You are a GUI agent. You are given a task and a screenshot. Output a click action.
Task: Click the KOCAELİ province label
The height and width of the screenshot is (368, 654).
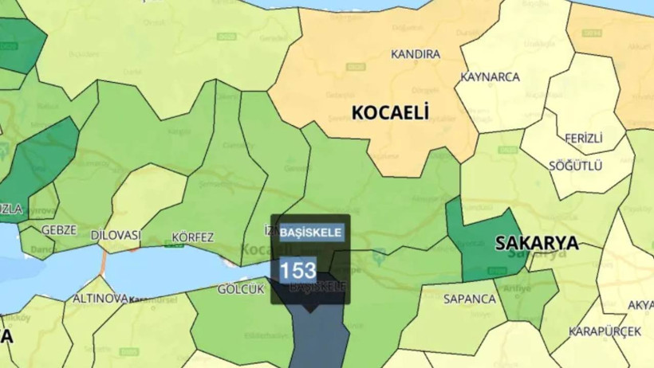[391, 112]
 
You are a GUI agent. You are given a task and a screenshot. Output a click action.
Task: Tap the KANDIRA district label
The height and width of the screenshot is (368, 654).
[415, 54]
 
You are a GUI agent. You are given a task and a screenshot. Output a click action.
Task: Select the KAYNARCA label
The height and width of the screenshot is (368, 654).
[490, 77]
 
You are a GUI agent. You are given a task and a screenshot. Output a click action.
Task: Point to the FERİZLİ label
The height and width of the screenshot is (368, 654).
[584, 138]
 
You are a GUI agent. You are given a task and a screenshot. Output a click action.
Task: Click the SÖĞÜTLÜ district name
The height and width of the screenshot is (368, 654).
[575, 166]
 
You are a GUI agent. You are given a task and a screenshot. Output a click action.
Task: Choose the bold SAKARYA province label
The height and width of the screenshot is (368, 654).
[536, 243]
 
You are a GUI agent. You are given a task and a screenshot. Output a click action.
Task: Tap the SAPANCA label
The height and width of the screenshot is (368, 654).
[470, 299]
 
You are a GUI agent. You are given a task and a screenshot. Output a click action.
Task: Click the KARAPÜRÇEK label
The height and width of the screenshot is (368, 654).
[605, 331]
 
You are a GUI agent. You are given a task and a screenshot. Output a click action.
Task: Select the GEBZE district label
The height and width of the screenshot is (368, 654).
[59, 230]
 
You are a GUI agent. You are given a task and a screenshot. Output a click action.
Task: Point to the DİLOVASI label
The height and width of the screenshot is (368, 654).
[116, 236]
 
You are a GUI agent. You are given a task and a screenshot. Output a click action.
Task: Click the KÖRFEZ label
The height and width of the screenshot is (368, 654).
[193, 237]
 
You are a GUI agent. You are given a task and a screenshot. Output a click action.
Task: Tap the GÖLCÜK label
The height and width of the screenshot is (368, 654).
[240, 289]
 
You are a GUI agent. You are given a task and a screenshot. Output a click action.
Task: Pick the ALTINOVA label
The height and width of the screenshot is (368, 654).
[100, 298]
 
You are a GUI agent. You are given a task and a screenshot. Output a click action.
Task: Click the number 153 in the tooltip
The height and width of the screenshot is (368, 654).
[297, 270]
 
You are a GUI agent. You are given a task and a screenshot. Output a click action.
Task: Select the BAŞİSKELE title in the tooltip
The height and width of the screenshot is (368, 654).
[311, 233]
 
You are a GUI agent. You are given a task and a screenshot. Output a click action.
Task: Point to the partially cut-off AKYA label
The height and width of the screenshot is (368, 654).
[641, 305]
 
